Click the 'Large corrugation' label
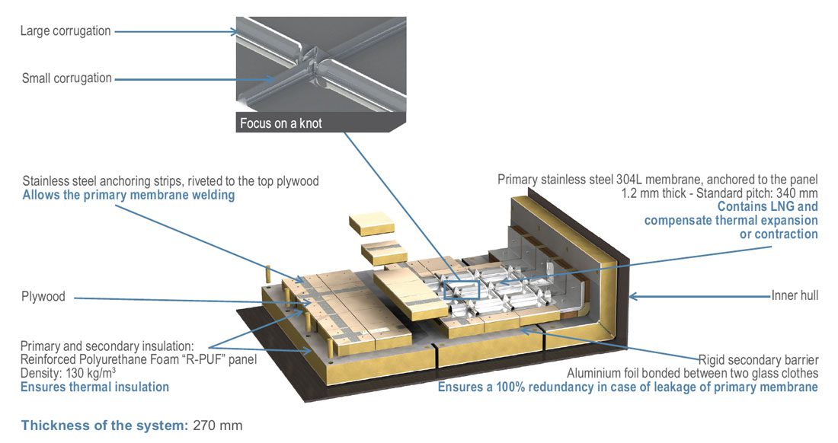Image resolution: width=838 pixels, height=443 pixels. pos(66,31)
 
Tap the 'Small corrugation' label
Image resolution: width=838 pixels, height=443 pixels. pos(67,78)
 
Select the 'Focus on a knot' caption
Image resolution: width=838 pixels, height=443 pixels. pos(281,123)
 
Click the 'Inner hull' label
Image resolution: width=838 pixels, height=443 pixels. pos(795,295)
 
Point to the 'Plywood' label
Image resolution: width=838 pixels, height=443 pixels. pos(43,296)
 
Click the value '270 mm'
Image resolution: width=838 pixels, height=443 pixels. pos(218,425)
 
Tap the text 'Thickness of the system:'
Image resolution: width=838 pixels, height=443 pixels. pos(104,425)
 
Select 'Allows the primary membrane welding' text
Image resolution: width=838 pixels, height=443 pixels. pos(128,196)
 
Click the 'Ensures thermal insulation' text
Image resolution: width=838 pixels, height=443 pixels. pos(95,387)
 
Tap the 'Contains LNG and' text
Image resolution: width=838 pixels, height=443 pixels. pos(768,206)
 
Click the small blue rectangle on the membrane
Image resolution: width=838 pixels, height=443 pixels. pos(461,290)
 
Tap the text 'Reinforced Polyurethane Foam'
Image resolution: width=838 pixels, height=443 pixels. pos(91,359)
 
